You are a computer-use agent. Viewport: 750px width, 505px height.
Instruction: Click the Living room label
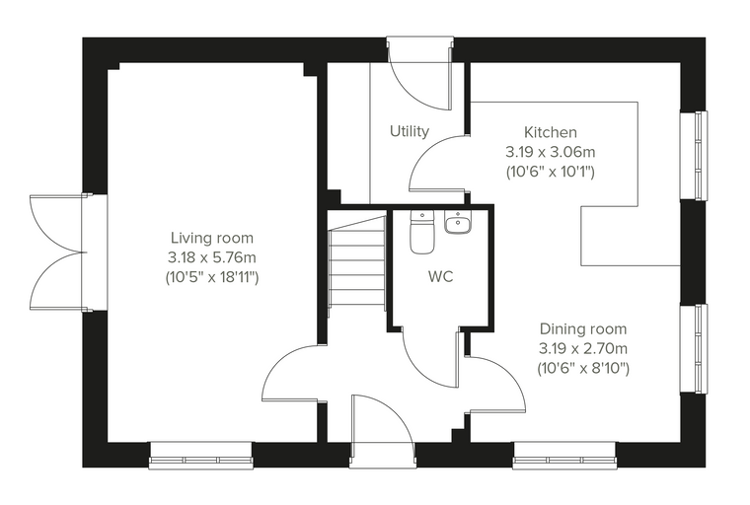[212, 238]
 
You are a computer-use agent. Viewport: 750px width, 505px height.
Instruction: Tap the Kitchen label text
[551, 132]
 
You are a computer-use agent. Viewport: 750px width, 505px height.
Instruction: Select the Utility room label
[410, 131]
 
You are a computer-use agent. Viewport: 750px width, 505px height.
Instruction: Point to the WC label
[440, 276]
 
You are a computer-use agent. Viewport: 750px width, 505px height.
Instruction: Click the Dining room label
[583, 329]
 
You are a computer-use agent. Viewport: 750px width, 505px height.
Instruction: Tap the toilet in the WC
[422, 232]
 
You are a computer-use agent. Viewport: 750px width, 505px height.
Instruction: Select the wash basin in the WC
[458, 222]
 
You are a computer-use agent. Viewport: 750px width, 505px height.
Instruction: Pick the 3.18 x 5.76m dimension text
[212, 257]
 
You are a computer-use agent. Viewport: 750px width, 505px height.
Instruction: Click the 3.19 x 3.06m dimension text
[551, 152]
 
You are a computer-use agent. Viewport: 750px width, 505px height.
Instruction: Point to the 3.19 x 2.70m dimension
[583, 348]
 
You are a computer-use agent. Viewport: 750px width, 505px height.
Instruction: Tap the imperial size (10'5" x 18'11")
[212, 277]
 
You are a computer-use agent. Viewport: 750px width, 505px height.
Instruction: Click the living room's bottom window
[201, 456]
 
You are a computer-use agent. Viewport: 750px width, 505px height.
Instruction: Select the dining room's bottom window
[564, 456]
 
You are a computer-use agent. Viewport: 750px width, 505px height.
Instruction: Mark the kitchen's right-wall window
[694, 155]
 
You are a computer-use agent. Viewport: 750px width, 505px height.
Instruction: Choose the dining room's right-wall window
[694, 348]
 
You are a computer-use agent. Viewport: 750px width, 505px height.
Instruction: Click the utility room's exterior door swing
[419, 74]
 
